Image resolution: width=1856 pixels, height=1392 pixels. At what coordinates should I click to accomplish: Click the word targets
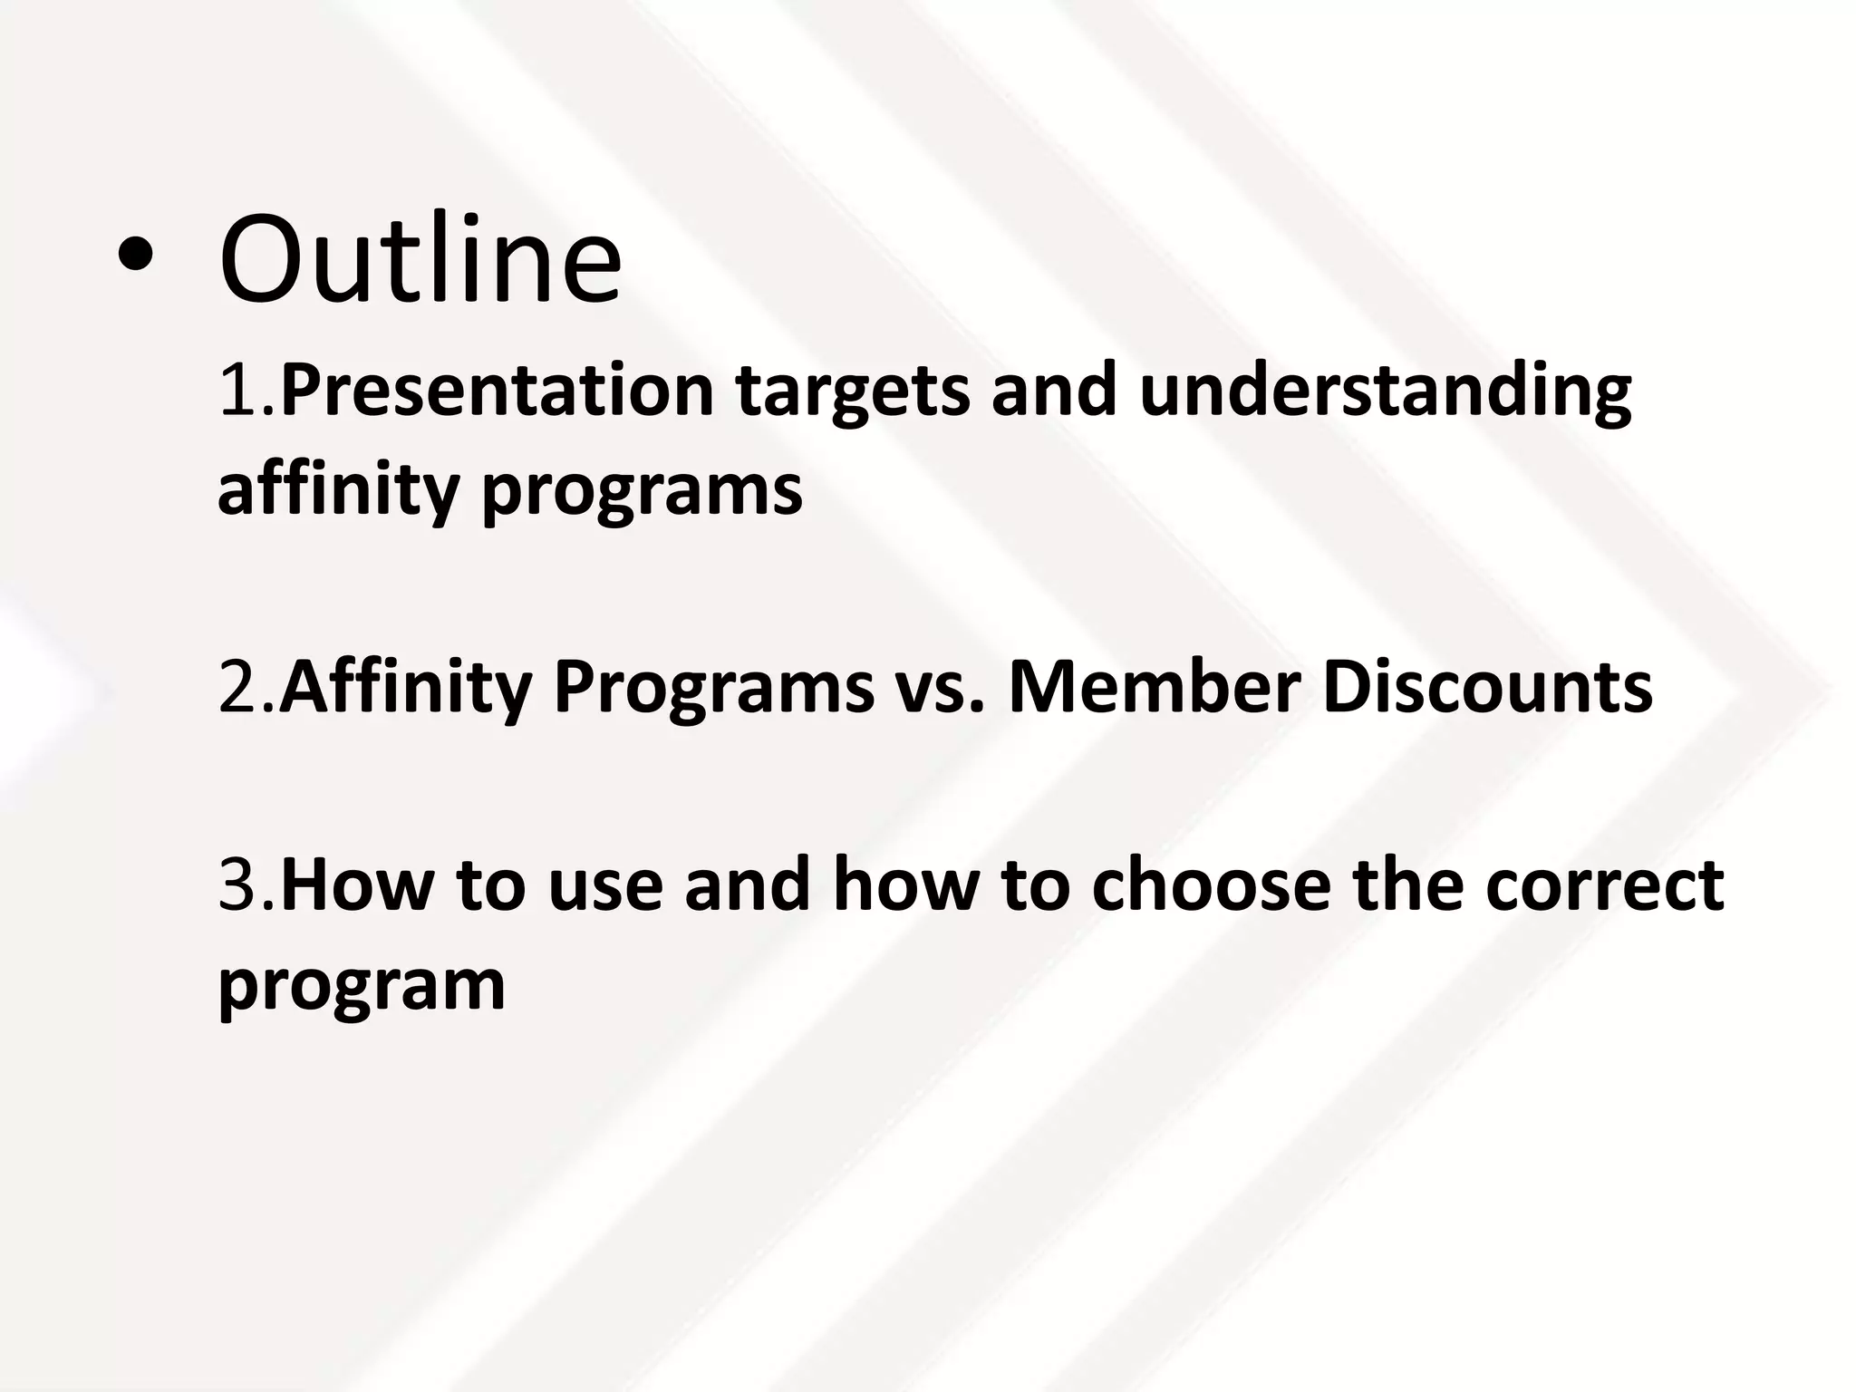click(x=852, y=392)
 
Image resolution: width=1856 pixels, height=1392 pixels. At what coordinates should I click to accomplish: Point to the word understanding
click(x=1385, y=392)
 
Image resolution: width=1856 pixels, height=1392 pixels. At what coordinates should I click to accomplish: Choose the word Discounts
click(x=1486, y=687)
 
